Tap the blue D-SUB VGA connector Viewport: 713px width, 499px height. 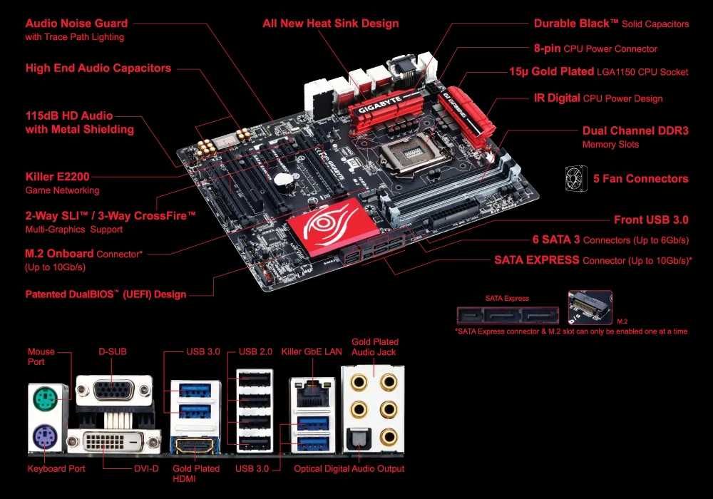[113, 391]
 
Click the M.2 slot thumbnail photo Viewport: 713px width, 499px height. [590, 307]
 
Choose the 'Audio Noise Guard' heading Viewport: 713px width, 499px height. [76, 24]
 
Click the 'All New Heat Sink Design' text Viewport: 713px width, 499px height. [330, 24]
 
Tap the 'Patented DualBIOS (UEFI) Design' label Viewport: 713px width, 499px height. [106, 294]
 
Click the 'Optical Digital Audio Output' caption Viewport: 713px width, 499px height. [349, 469]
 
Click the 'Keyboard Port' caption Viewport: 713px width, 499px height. [56, 469]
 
